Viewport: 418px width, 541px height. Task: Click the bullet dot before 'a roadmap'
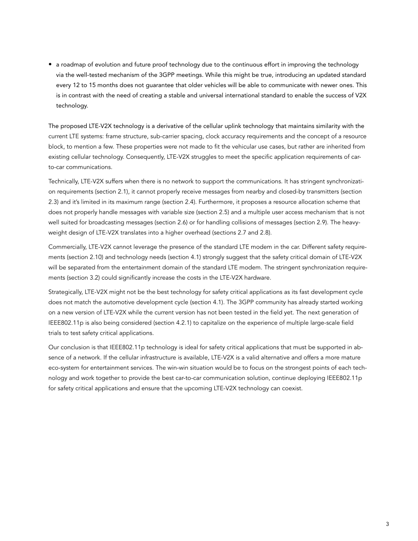51,65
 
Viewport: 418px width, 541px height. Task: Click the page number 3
387,524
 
